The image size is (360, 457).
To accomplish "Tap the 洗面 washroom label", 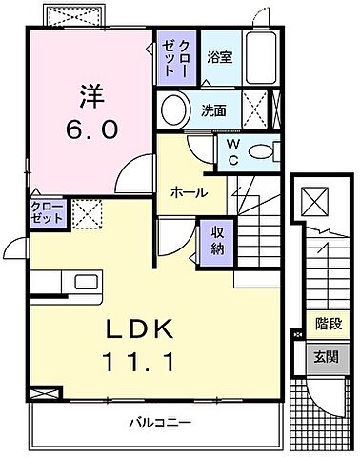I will (212, 109).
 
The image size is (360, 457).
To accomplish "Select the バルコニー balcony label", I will (158, 420).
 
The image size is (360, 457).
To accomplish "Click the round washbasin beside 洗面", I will (173, 111).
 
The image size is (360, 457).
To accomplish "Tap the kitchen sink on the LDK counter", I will (79, 283).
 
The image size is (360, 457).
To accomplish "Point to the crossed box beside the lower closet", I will (85, 212).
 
